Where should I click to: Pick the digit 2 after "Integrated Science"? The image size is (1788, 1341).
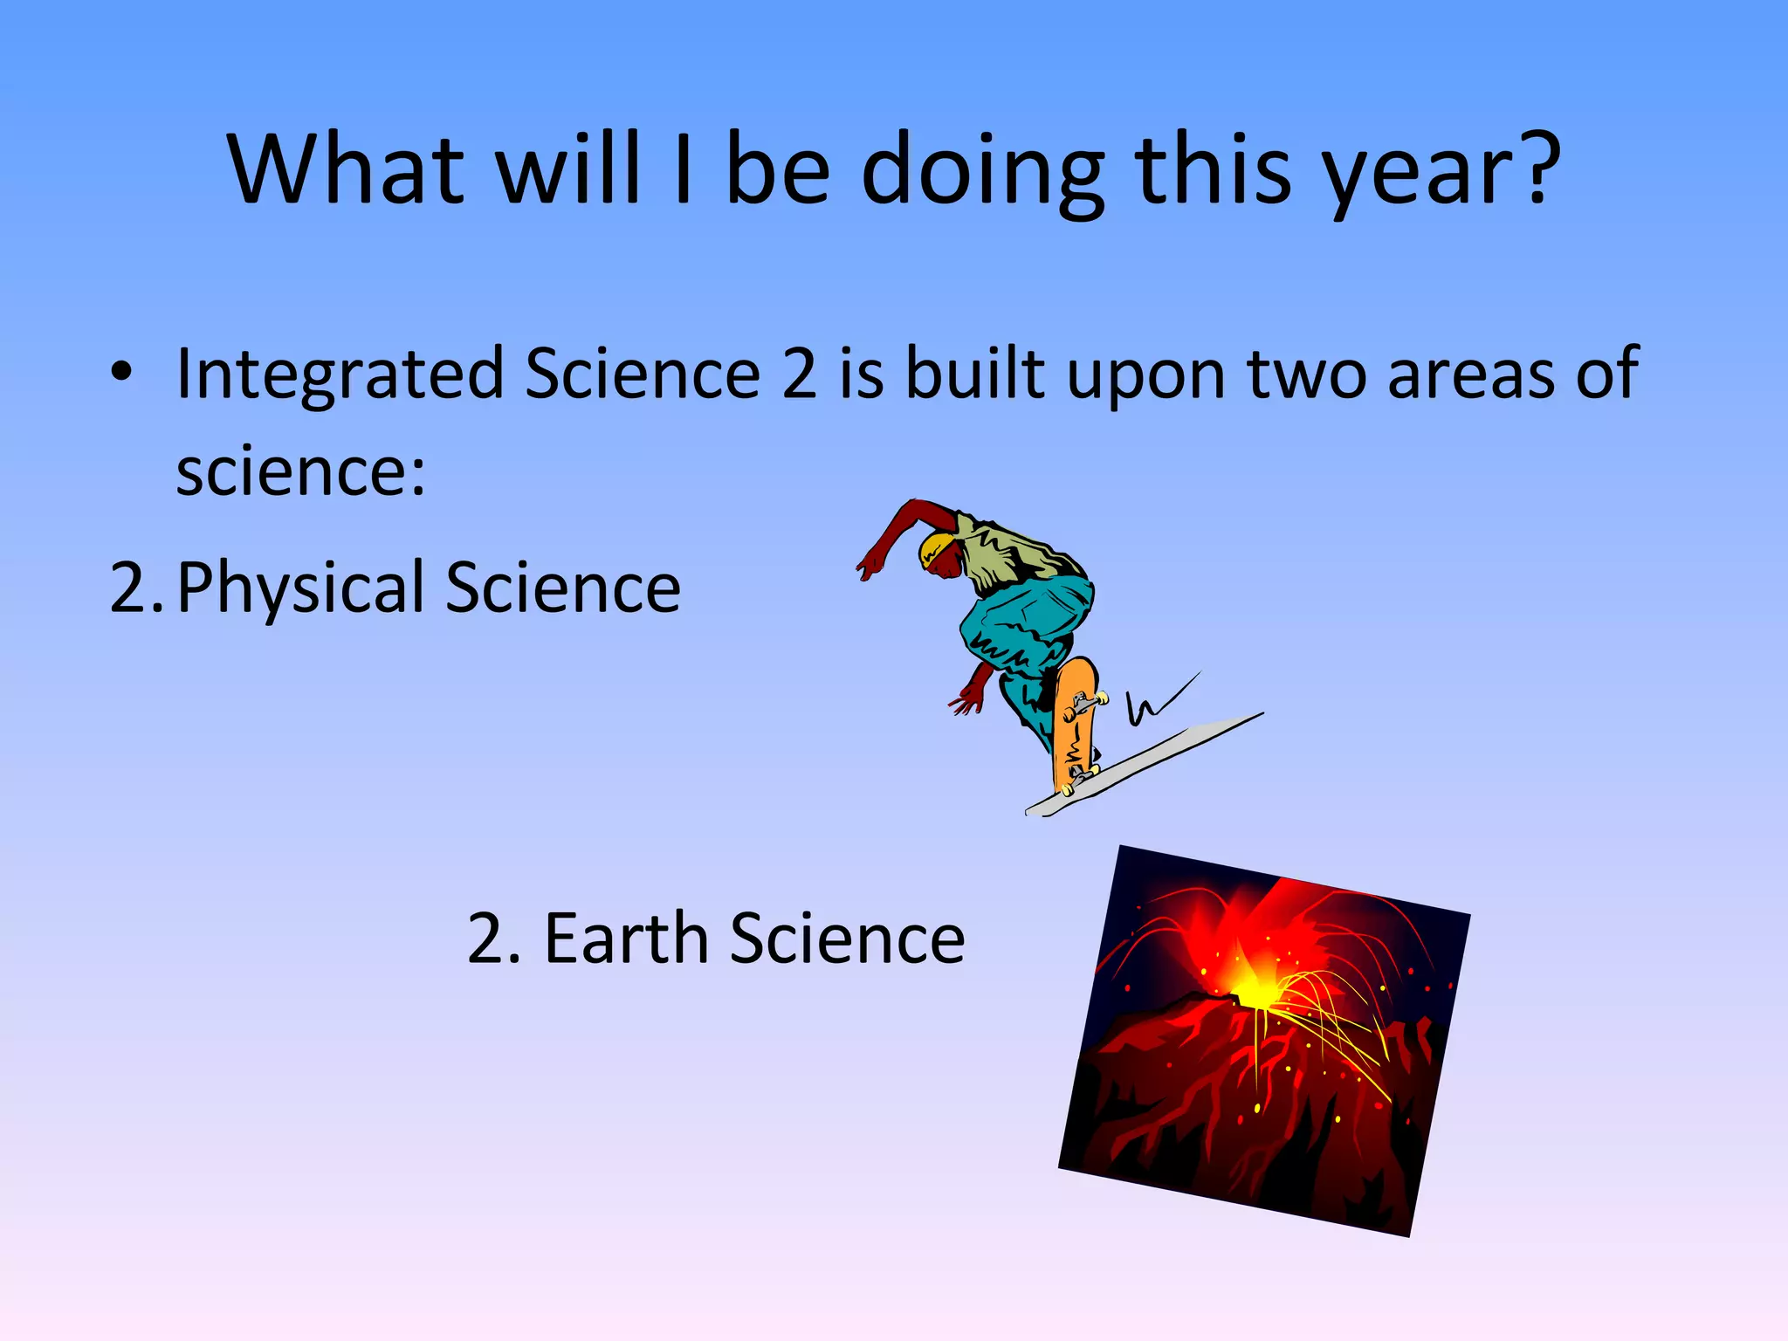coord(799,374)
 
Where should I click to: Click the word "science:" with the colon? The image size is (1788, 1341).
coord(300,471)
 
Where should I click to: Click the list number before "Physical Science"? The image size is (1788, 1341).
coord(135,588)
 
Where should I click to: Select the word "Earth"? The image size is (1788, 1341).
coord(625,939)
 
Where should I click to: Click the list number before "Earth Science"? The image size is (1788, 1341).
coord(494,939)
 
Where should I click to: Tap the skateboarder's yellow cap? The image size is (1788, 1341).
coord(936,548)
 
